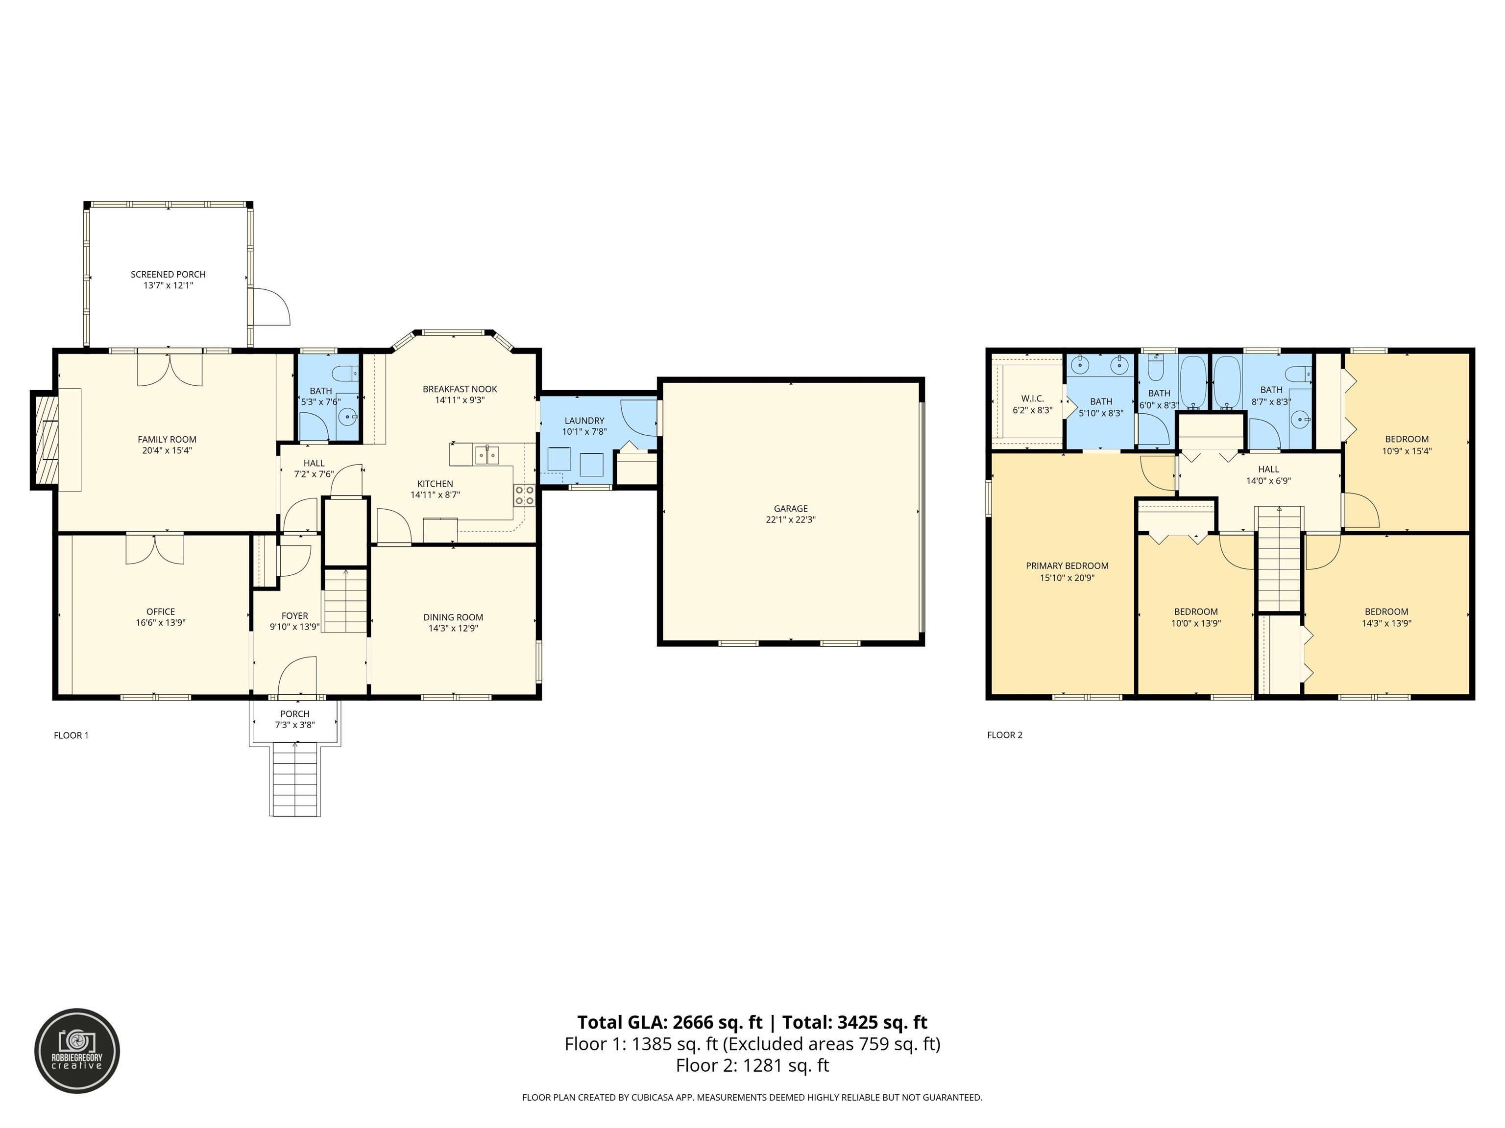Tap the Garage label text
[x=791, y=509]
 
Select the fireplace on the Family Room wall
[x=44, y=440]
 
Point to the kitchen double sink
[x=487, y=455]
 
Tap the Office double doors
[x=154, y=549]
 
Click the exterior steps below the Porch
[x=295, y=780]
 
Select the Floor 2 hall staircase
[x=1279, y=559]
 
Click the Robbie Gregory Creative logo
[x=77, y=1051]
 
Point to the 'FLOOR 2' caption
[x=1004, y=735]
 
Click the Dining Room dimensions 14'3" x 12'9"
[x=453, y=628]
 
